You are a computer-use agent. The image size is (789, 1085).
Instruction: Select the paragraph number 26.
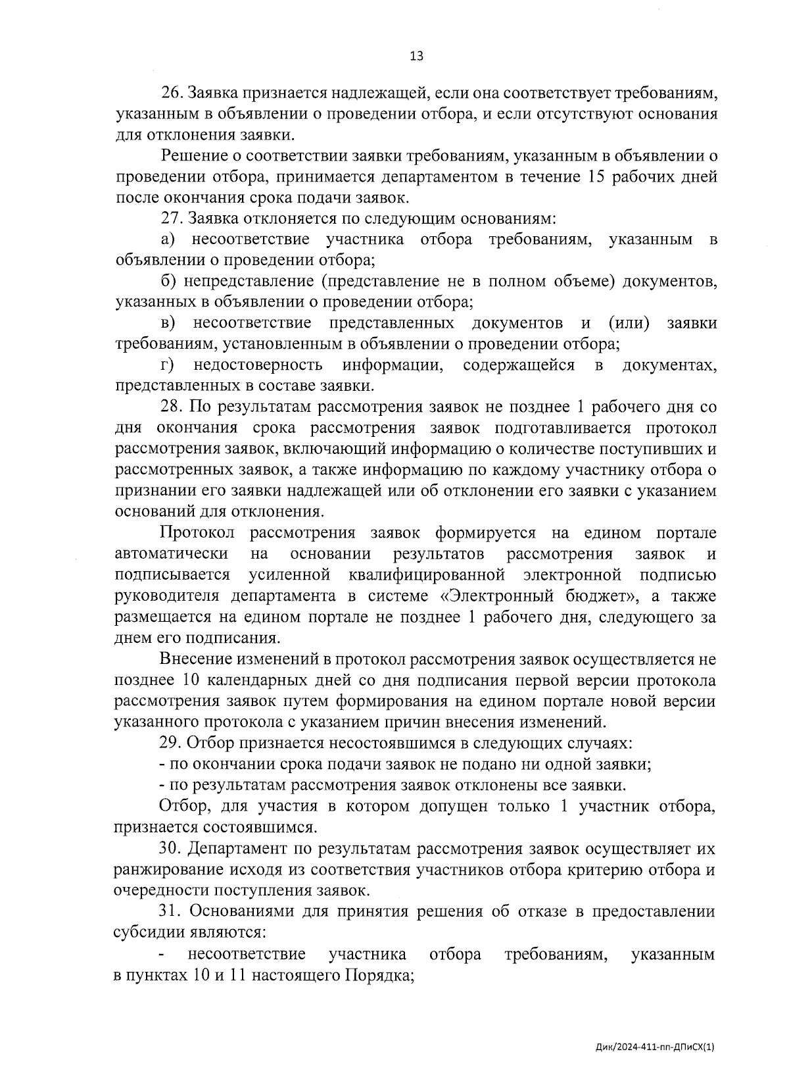[x=171, y=93]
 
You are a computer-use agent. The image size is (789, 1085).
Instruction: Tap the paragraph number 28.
[x=171, y=407]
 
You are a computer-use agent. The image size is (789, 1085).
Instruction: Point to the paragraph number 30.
[x=171, y=849]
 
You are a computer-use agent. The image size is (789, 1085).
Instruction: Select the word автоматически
[x=172, y=554]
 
